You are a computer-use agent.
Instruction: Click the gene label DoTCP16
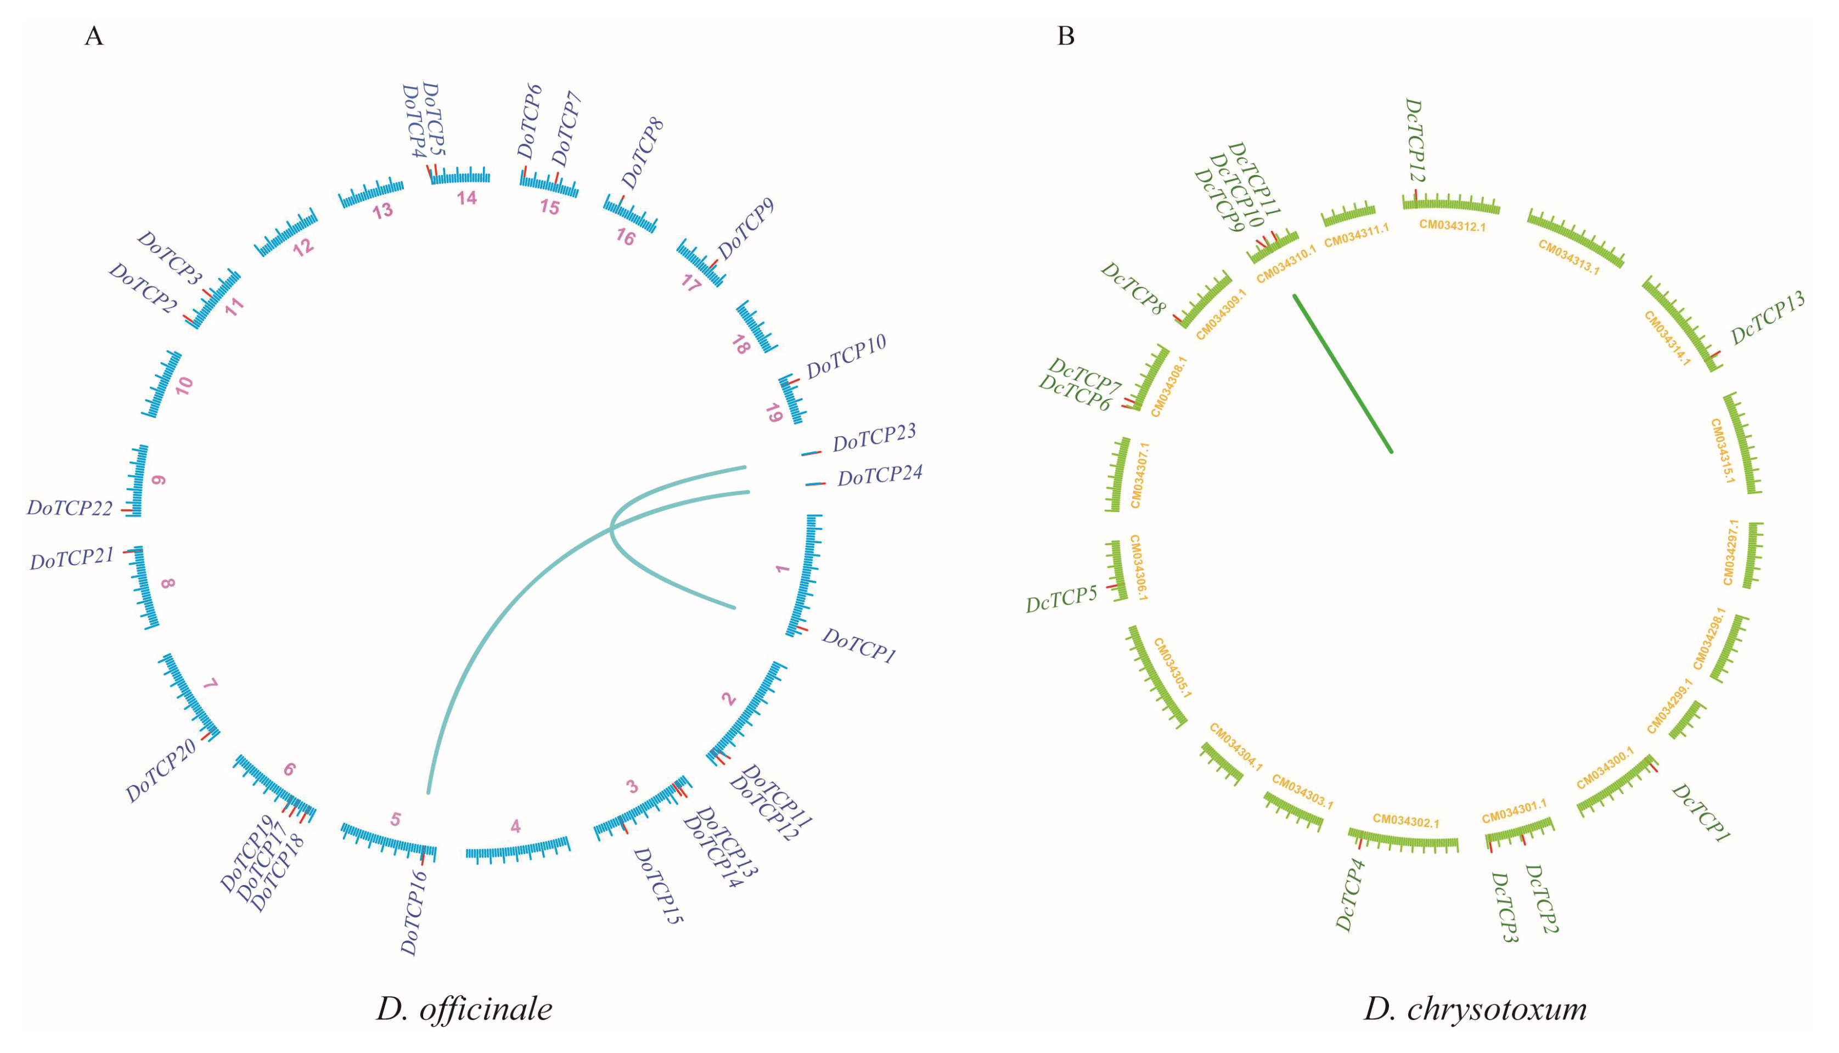tap(414, 913)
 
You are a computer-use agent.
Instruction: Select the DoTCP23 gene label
tap(874, 437)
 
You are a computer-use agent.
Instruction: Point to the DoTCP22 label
tap(70, 509)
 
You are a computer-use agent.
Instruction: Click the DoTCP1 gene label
tap(859, 645)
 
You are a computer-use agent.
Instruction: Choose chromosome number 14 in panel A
tap(466, 198)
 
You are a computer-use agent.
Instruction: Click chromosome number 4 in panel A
tap(515, 826)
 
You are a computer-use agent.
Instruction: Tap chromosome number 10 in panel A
tap(184, 385)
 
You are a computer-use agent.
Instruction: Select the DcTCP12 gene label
tap(1414, 140)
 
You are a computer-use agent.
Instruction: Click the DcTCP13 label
tap(1768, 318)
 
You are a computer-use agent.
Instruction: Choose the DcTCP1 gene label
tap(1700, 813)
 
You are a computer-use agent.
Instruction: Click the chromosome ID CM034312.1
tap(1452, 226)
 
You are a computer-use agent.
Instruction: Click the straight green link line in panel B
tap(1342, 373)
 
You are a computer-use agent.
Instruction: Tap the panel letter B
tap(1065, 36)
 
